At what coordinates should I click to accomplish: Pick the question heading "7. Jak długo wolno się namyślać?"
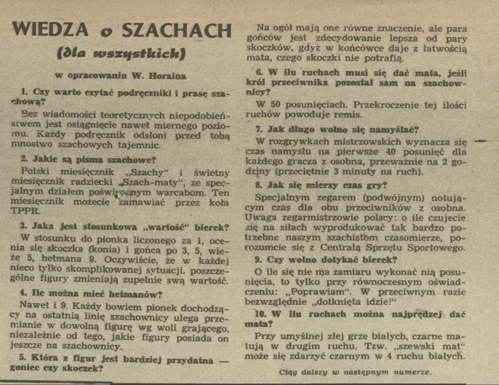coord(337,129)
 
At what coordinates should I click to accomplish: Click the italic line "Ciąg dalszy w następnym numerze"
coord(355,371)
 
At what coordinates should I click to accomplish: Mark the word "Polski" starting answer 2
coord(37,172)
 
